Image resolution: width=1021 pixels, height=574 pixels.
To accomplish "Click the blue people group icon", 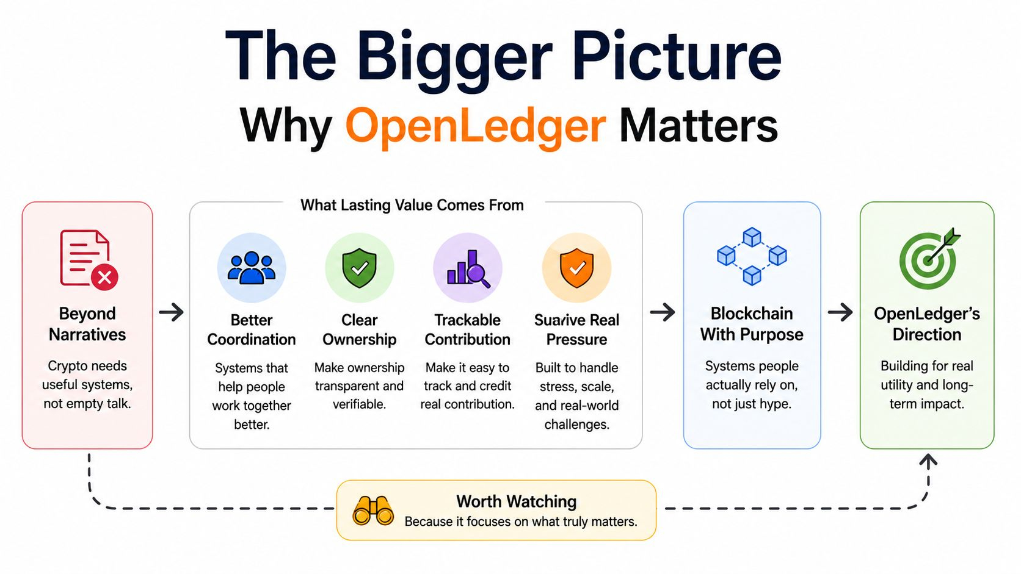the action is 251,268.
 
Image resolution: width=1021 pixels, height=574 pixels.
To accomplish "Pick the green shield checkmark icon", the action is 359,268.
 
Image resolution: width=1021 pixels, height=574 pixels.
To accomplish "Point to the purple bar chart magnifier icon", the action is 468,268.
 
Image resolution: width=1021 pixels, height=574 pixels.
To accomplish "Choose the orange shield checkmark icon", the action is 576,268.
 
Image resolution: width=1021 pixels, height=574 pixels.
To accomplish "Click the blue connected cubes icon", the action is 752,256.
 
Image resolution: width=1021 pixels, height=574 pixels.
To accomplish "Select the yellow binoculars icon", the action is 373,511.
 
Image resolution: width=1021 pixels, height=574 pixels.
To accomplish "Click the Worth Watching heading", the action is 517,501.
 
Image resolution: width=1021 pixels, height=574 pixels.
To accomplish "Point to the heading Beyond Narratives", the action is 87,324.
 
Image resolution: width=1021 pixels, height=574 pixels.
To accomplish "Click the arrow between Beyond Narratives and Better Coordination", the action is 172,312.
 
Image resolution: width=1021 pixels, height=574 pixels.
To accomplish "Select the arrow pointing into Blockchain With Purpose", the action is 663,312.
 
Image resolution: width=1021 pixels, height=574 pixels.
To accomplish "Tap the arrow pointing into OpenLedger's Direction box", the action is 840,312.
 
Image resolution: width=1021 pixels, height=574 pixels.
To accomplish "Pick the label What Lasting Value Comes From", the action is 412,206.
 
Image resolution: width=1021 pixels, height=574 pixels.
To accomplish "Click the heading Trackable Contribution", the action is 468,329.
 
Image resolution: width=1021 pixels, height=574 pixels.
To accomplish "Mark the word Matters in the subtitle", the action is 699,125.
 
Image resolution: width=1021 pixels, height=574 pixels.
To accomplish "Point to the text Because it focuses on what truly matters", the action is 521,522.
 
